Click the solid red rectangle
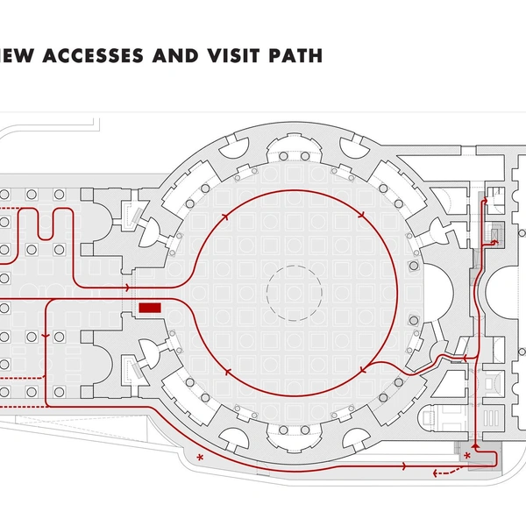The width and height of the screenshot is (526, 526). (150, 308)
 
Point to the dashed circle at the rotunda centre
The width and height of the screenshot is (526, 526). (295, 293)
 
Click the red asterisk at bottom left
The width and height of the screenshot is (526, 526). (200, 458)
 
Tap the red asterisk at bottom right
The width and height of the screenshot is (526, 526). (467, 456)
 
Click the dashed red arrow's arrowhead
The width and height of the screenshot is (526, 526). (436, 473)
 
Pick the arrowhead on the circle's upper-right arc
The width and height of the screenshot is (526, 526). (361, 215)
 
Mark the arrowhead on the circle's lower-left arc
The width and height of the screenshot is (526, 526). (228, 372)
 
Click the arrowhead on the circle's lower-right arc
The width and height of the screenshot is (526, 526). (363, 370)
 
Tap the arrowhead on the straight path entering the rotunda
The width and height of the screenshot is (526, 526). (127, 288)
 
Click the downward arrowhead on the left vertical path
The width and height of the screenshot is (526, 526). (46, 336)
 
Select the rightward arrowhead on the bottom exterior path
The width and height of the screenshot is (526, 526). (404, 466)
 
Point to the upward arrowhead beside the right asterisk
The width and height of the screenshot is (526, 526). (475, 446)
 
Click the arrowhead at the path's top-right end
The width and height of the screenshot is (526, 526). (485, 200)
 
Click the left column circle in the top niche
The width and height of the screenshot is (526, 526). (283, 156)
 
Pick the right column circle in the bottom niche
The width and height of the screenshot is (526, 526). (305, 430)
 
